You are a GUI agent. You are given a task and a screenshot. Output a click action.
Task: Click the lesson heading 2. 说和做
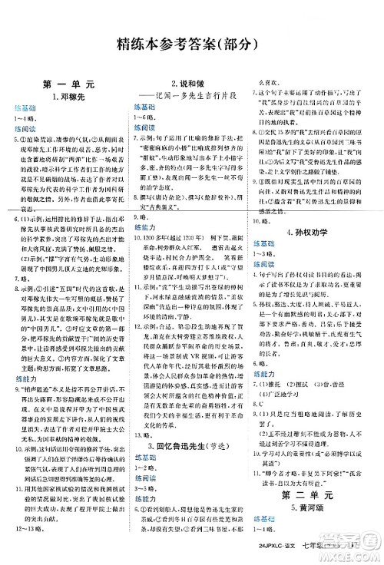[x=187, y=81]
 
